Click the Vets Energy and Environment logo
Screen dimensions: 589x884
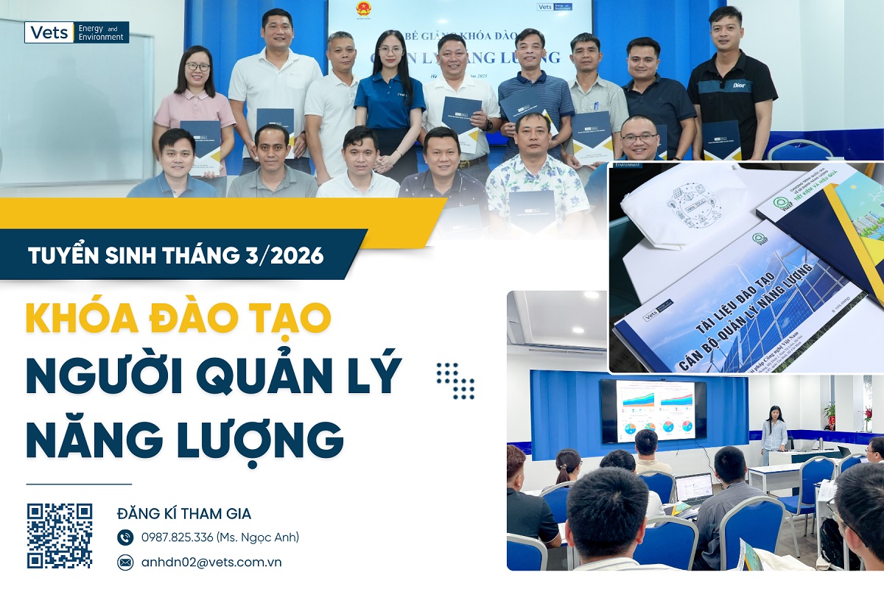pyautogui.click(x=77, y=32)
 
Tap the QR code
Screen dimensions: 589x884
pyautogui.click(x=60, y=536)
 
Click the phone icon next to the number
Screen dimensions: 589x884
pyautogui.click(x=125, y=537)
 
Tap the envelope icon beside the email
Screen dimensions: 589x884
pyautogui.click(x=125, y=562)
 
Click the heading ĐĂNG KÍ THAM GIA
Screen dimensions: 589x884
pyautogui.click(x=184, y=513)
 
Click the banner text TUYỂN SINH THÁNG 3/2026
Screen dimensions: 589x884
pyautogui.click(x=175, y=256)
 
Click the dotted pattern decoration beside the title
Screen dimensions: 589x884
pyautogui.click(x=455, y=381)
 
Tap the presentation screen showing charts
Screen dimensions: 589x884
pyautogui.click(x=653, y=411)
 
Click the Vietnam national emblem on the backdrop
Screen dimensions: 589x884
pyautogui.click(x=363, y=9)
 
